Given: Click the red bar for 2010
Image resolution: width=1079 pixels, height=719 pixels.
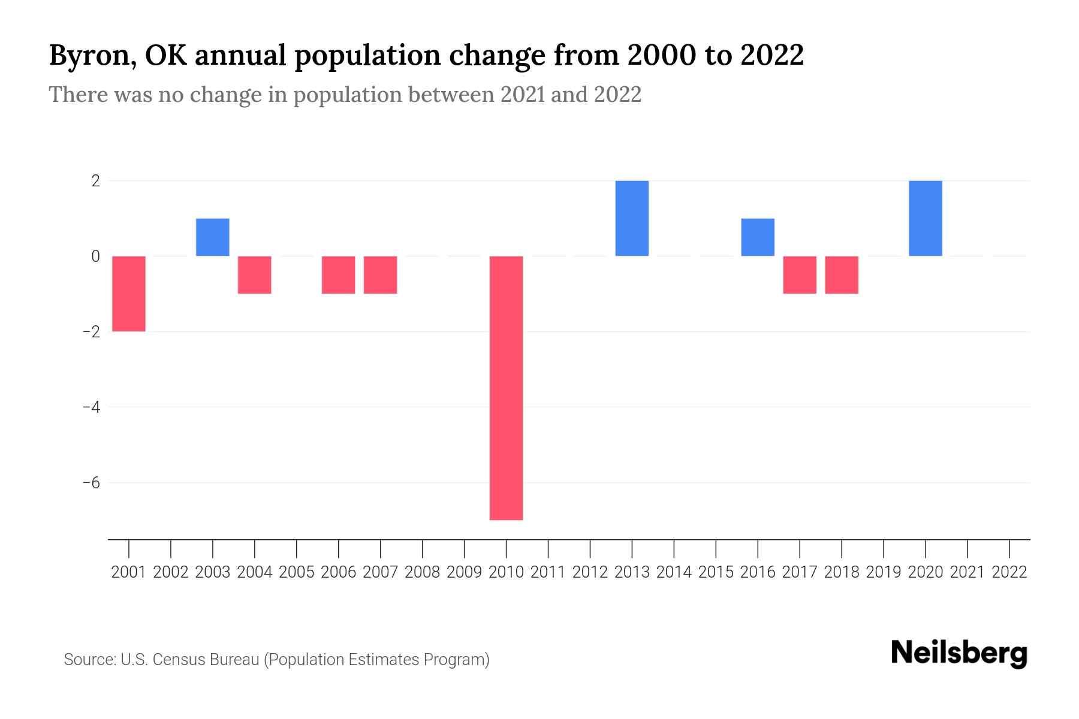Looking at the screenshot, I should point(506,388).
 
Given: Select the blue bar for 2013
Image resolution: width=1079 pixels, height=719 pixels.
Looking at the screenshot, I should point(632,218).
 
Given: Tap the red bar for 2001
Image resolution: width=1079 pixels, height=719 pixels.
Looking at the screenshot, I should point(129,294).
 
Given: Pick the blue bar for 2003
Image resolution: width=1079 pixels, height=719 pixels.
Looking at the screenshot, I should point(213,237).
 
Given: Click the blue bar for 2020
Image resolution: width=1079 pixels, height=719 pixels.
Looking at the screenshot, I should point(926,218).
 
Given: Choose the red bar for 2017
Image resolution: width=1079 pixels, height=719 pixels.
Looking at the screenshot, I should point(800,274).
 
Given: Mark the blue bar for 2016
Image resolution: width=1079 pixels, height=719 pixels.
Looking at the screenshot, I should point(758,237).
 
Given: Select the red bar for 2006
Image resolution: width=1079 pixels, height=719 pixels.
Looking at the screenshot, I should point(339,274).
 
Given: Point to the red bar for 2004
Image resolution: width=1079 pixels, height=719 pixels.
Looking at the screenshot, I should point(255,274).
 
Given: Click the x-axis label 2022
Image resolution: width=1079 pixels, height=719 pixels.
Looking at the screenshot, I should point(1009,572).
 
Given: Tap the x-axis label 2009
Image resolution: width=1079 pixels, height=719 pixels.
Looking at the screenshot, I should point(465,572).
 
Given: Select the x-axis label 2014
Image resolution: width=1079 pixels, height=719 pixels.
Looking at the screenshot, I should point(674,572).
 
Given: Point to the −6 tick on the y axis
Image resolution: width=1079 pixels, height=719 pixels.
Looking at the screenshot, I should point(91,482).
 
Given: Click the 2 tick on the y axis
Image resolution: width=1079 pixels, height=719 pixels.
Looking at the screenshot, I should point(95,180).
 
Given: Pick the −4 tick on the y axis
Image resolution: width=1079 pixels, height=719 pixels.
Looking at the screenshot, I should point(91,407).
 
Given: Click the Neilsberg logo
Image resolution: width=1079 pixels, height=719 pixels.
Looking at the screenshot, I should point(959,653).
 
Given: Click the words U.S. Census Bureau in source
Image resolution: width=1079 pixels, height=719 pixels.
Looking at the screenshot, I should point(190,660).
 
